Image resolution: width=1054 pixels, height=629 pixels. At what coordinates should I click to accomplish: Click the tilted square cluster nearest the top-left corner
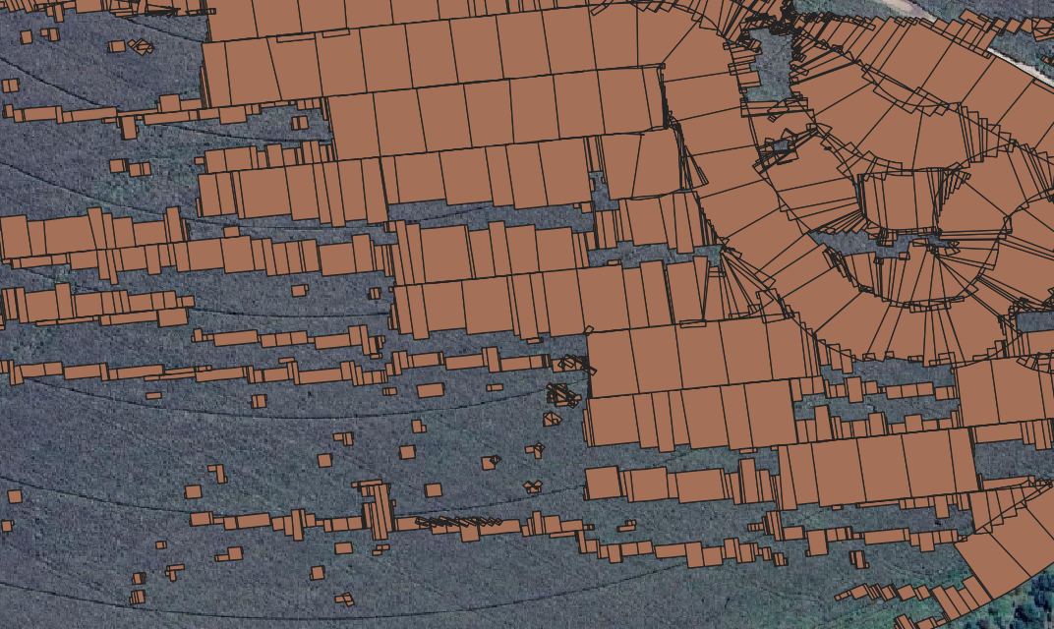(x=142, y=46)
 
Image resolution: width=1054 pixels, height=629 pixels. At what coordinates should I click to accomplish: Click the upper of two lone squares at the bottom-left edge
(x=14, y=496)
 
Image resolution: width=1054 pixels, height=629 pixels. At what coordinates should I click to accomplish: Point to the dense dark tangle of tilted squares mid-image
(x=562, y=395)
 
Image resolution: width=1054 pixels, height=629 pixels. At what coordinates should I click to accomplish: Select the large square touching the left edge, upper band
(x=14, y=237)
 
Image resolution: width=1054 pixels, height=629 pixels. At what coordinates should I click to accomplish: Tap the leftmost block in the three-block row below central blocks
(x=603, y=483)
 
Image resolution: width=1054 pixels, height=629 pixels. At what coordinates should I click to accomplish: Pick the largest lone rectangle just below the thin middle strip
(x=430, y=390)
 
